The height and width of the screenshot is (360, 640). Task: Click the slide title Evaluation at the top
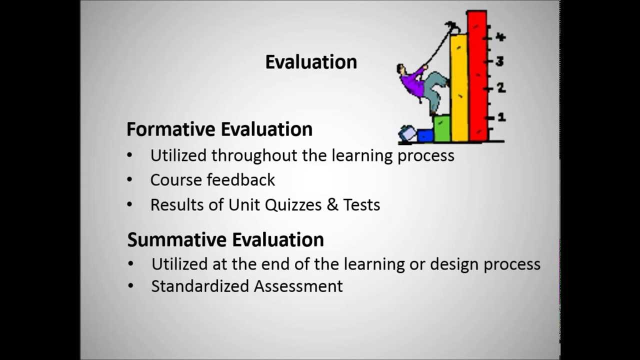pos(311,62)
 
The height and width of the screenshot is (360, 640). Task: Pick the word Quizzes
pos(292,205)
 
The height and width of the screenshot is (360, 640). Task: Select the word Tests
pos(361,205)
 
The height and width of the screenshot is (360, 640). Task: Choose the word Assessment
pos(298,286)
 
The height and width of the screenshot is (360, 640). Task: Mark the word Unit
pos(242,205)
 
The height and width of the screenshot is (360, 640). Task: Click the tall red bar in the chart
pos(477,75)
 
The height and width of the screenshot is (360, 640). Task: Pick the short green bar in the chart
pos(442,128)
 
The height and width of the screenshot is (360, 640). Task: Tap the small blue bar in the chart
pos(425,135)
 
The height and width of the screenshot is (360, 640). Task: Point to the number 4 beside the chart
pos(500,37)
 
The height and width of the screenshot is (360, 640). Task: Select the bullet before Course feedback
pos(130,179)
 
